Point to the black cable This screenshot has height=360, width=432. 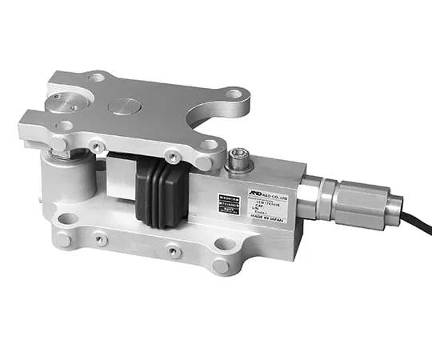(414, 225)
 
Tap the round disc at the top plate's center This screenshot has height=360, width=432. (124, 106)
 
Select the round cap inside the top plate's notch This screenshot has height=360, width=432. (62, 102)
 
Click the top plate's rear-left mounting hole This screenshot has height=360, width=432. (96, 78)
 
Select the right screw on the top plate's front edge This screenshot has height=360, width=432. (171, 157)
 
